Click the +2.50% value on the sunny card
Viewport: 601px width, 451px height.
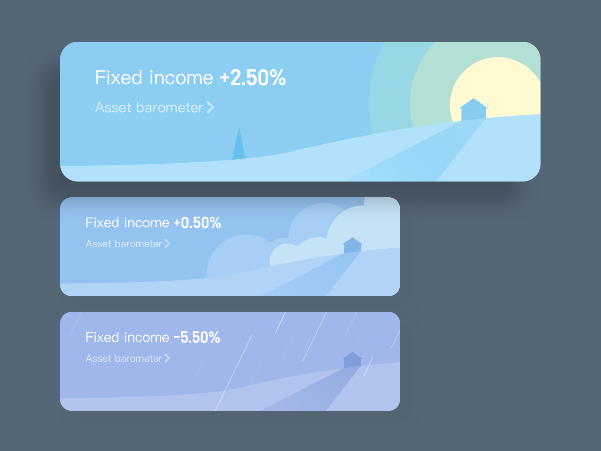(253, 78)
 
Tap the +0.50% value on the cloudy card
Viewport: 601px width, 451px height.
(197, 223)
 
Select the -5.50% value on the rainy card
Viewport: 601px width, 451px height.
(197, 337)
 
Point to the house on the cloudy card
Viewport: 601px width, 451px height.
(352, 246)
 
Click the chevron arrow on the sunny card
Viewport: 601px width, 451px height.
(210, 107)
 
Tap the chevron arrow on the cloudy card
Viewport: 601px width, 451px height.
(168, 244)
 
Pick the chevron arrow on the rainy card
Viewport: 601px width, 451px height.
(168, 359)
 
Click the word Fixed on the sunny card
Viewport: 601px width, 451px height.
(118, 78)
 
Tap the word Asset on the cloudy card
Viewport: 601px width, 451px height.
(98, 244)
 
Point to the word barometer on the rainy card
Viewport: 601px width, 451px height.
(138, 359)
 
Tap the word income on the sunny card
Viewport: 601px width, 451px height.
(181, 78)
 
